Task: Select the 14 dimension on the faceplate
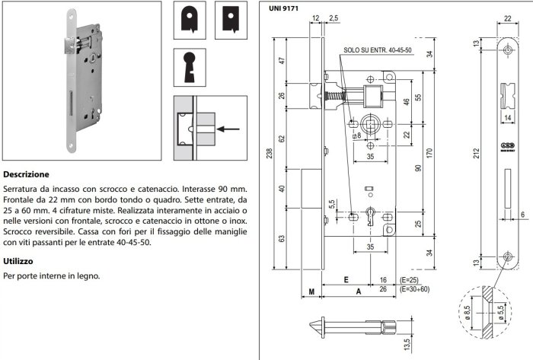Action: point(508,119)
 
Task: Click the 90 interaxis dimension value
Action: point(417,168)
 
